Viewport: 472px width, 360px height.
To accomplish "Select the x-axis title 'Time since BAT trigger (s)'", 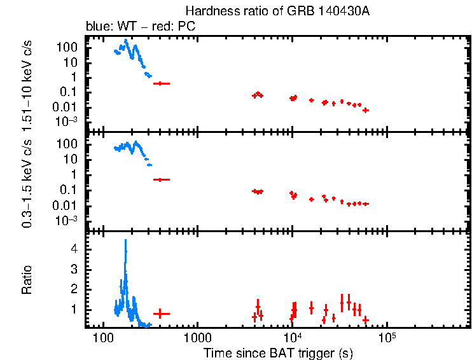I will [x=278, y=352].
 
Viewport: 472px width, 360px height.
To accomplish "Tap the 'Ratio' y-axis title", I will [x=29, y=280].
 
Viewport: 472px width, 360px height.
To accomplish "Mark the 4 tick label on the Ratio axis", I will [x=74, y=250].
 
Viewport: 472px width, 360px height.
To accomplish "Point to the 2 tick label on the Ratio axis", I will [x=74, y=289].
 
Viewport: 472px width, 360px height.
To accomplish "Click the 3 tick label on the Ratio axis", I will [x=74, y=270].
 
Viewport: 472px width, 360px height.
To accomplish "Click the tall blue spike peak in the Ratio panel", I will [x=125, y=240].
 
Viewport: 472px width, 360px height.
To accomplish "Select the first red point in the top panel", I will [x=162, y=83].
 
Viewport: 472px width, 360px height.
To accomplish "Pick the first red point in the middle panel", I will [x=162, y=180].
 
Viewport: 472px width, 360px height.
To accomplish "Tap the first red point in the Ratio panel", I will [x=162, y=313].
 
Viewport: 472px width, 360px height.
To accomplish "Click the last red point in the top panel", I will [x=366, y=110].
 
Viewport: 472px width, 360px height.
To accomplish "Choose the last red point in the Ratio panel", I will [x=366, y=319].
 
